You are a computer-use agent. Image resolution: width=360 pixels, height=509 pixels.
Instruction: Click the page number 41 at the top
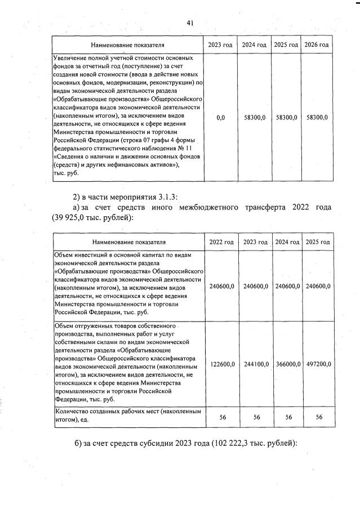190,23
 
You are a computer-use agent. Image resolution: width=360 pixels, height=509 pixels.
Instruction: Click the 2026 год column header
317,44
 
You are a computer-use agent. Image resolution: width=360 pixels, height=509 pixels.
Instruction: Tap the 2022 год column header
221,242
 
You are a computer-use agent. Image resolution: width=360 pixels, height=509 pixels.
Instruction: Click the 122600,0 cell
221,364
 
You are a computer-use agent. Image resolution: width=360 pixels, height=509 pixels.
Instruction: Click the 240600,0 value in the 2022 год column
221,286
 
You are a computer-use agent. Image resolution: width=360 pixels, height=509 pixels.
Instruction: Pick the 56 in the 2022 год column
221,417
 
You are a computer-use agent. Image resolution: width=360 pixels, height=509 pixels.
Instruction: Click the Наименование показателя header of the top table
127,44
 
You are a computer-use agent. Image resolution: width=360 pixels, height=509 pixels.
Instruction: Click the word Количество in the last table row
70,412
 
